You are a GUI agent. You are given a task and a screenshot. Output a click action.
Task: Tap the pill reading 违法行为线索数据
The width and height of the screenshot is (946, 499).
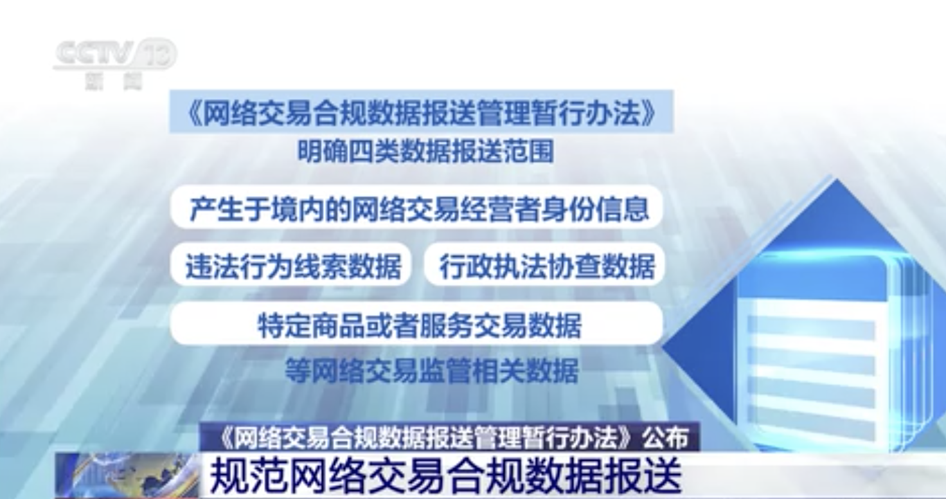pyautogui.click(x=291, y=264)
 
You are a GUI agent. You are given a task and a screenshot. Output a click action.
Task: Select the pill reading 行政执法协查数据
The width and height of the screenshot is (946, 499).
pyautogui.click(x=545, y=264)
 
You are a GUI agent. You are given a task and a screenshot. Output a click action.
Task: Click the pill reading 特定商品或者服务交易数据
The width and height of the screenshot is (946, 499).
pyautogui.click(x=417, y=323)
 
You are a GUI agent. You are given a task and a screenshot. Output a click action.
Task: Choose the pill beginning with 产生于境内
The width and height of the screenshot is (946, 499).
pyautogui.click(x=417, y=207)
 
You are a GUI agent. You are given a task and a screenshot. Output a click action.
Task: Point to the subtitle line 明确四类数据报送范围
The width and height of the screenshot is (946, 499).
pyautogui.click(x=425, y=151)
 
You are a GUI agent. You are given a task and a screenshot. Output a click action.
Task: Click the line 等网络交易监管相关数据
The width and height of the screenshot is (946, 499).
pyautogui.click(x=432, y=370)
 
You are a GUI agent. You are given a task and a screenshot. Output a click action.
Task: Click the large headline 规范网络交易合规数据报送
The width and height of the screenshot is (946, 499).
pyautogui.click(x=447, y=476)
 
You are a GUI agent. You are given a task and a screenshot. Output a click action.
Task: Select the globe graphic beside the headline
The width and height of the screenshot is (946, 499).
pyautogui.click(x=127, y=475)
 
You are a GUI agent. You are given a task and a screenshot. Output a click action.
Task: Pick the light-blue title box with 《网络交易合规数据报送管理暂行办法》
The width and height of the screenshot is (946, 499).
pyautogui.click(x=422, y=111)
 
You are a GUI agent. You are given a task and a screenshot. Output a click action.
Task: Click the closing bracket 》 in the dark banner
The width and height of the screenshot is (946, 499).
pyautogui.click(x=630, y=438)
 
